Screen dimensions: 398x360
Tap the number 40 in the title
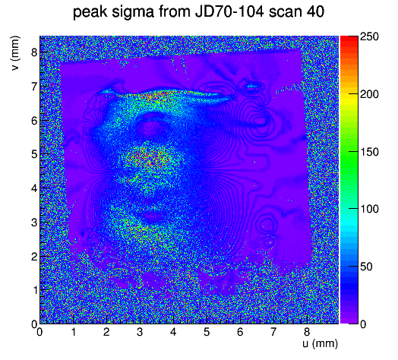[x=315, y=11]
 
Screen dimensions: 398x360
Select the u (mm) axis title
[x=321, y=343]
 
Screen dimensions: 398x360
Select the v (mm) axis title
[x=15, y=53]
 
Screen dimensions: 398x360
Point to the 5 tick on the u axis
[x=207, y=332]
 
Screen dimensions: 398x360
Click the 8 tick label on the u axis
[x=307, y=332]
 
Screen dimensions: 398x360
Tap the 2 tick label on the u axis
[x=106, y=332]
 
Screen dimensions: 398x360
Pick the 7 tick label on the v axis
[x=34, y=87]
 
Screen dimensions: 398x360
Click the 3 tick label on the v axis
[x=34, y=223]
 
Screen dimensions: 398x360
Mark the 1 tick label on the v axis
[x=34, y=290]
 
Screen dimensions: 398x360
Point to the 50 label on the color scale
[x=366, y=267]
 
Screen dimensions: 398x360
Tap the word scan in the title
[x=285, y=12]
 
